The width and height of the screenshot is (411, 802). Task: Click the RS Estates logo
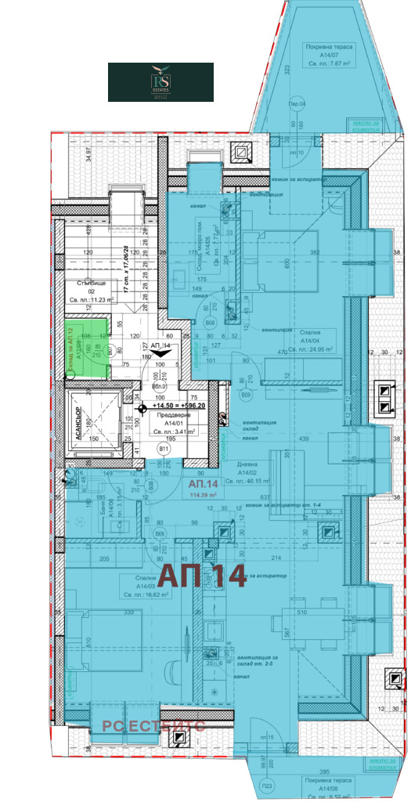tap(160, 82)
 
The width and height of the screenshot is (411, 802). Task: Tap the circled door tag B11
tap(164, 449)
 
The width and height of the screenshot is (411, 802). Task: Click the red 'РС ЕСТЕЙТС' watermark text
tap(153, 726)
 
